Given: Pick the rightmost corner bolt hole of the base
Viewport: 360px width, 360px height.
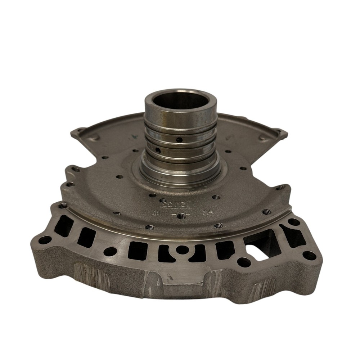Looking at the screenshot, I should [309, 256].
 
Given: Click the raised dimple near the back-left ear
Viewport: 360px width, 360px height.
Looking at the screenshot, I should [94, 138].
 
